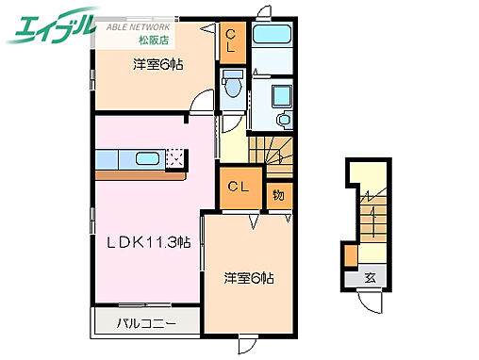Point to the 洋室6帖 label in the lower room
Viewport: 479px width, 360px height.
[249, 279]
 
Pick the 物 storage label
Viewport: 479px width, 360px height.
[280, 195]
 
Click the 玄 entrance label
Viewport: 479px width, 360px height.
[372, 277]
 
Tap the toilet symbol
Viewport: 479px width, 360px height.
[232, 89]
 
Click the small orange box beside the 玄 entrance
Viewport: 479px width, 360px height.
[351, 255]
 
